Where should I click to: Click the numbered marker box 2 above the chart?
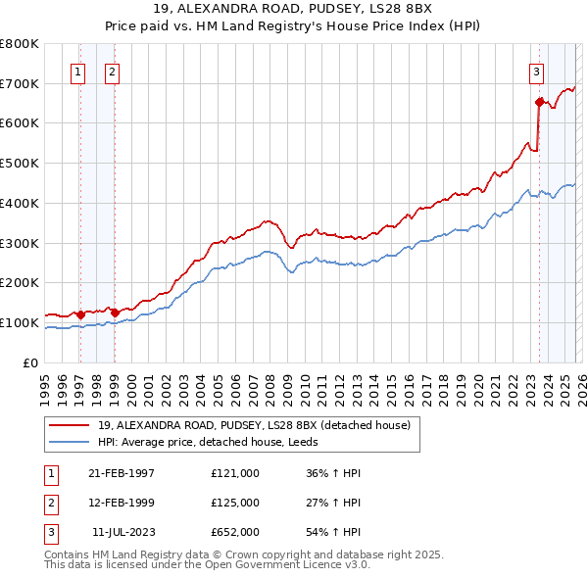pyautogui.click(x=113, y=71)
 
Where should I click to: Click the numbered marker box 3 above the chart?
pyautogui.click(x=536, y=71)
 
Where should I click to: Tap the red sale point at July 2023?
pyautogui.click(x=539, y=102)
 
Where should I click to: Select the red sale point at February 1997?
pyautogui.click(x=80, y=314)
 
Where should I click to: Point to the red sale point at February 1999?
pyautogui.click(x=115, y=313)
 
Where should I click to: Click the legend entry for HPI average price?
pyautogui.click(x=215, y=442)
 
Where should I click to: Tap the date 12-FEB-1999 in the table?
pyautogui.click(x=122, y=503)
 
